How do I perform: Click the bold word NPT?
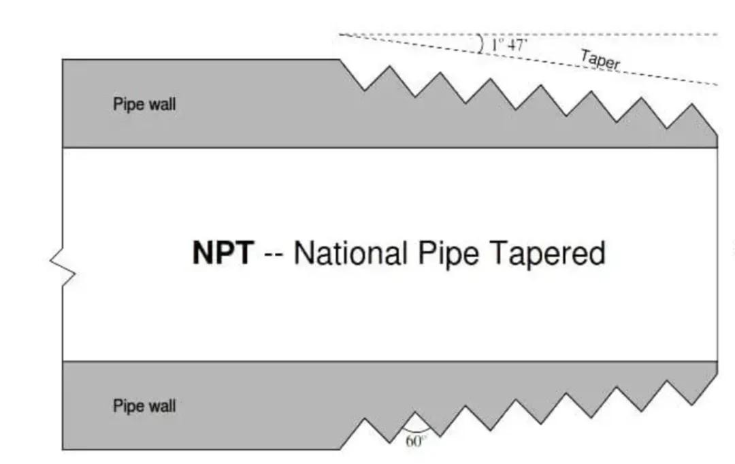[222, 254]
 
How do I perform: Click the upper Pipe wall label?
[144, 105]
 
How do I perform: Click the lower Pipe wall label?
[144, 406]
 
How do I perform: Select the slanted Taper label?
[600, 61]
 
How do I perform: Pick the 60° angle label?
[416, 441]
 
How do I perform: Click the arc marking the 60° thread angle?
[415, 431]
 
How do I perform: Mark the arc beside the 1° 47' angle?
[480, 44]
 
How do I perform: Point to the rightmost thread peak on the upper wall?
[692, 104]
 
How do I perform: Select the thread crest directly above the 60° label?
[415, 412]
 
